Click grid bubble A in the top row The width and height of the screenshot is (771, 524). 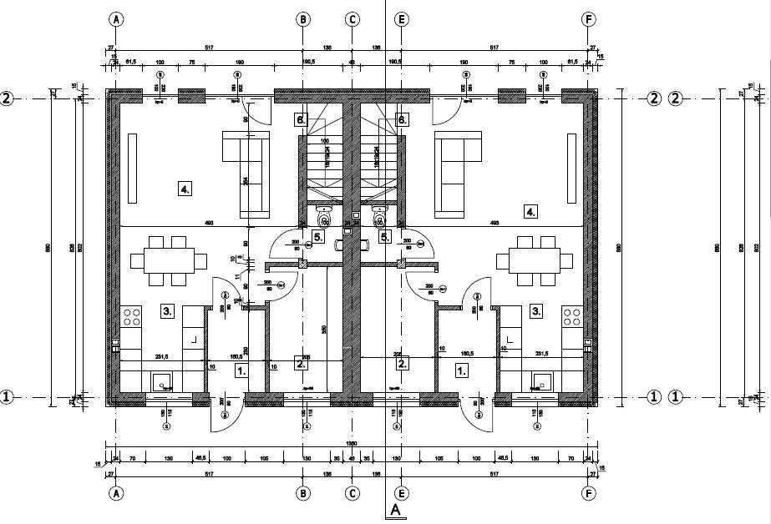(x=116, y=18)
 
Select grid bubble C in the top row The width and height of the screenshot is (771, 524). (x=353, y=18)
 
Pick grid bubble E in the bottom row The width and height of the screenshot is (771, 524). (x=402, y=493)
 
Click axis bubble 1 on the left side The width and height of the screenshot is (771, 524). (x=8, y=397)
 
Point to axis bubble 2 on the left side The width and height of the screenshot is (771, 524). (x=8, y=98)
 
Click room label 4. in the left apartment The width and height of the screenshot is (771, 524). (x=185, y=189)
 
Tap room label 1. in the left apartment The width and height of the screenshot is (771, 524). (x=241, y=370)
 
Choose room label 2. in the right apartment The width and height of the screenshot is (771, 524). (x=403, y=363)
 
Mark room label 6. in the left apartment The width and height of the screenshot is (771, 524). (x=302, y=120)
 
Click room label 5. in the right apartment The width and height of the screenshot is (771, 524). (x=385, y=237)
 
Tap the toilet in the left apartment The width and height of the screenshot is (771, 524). (x=324, y=217)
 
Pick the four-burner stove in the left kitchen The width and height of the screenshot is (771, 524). (x=132, y=317)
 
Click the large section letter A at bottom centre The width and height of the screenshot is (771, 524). (x=395, y=509)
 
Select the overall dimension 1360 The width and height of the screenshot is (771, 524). (x=353, y=444)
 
